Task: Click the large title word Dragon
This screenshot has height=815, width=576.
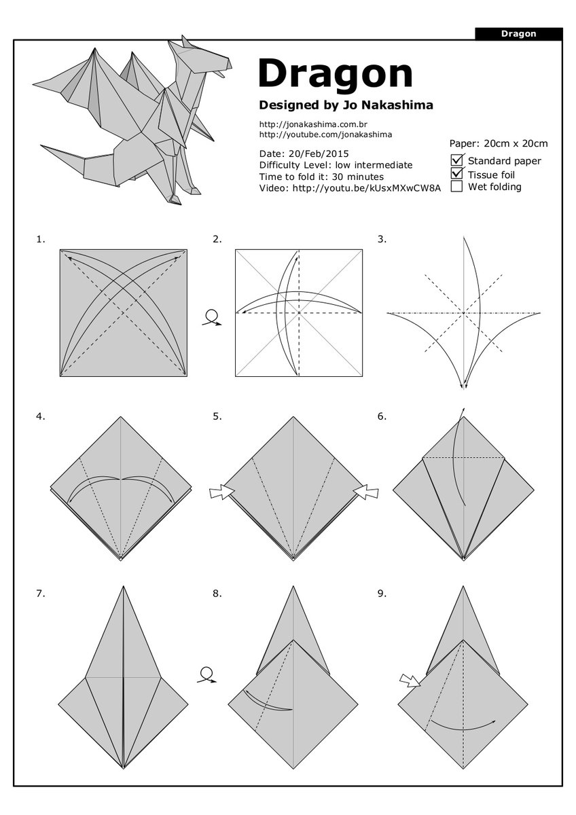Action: click(x=336, y=73)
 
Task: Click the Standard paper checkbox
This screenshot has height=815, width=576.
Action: click(x=457, y=160)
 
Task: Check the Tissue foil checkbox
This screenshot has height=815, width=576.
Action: click(x=457, y=173)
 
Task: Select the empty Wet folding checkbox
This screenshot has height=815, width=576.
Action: click(x=457, y=186)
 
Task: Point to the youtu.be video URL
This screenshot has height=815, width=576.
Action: click(x=366, y=187)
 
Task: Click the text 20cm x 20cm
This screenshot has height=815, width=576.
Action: click(x=516, y=143)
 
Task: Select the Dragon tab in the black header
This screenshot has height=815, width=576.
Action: click(x=518, y=33)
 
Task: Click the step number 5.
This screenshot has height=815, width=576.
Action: click(x=217, y=416)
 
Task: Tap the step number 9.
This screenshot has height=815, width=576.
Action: click(x=382, y=593)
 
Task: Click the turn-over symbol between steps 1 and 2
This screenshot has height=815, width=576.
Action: click(x=212, y=318)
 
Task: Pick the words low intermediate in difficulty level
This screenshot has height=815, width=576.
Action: click(x=374, y=165)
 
